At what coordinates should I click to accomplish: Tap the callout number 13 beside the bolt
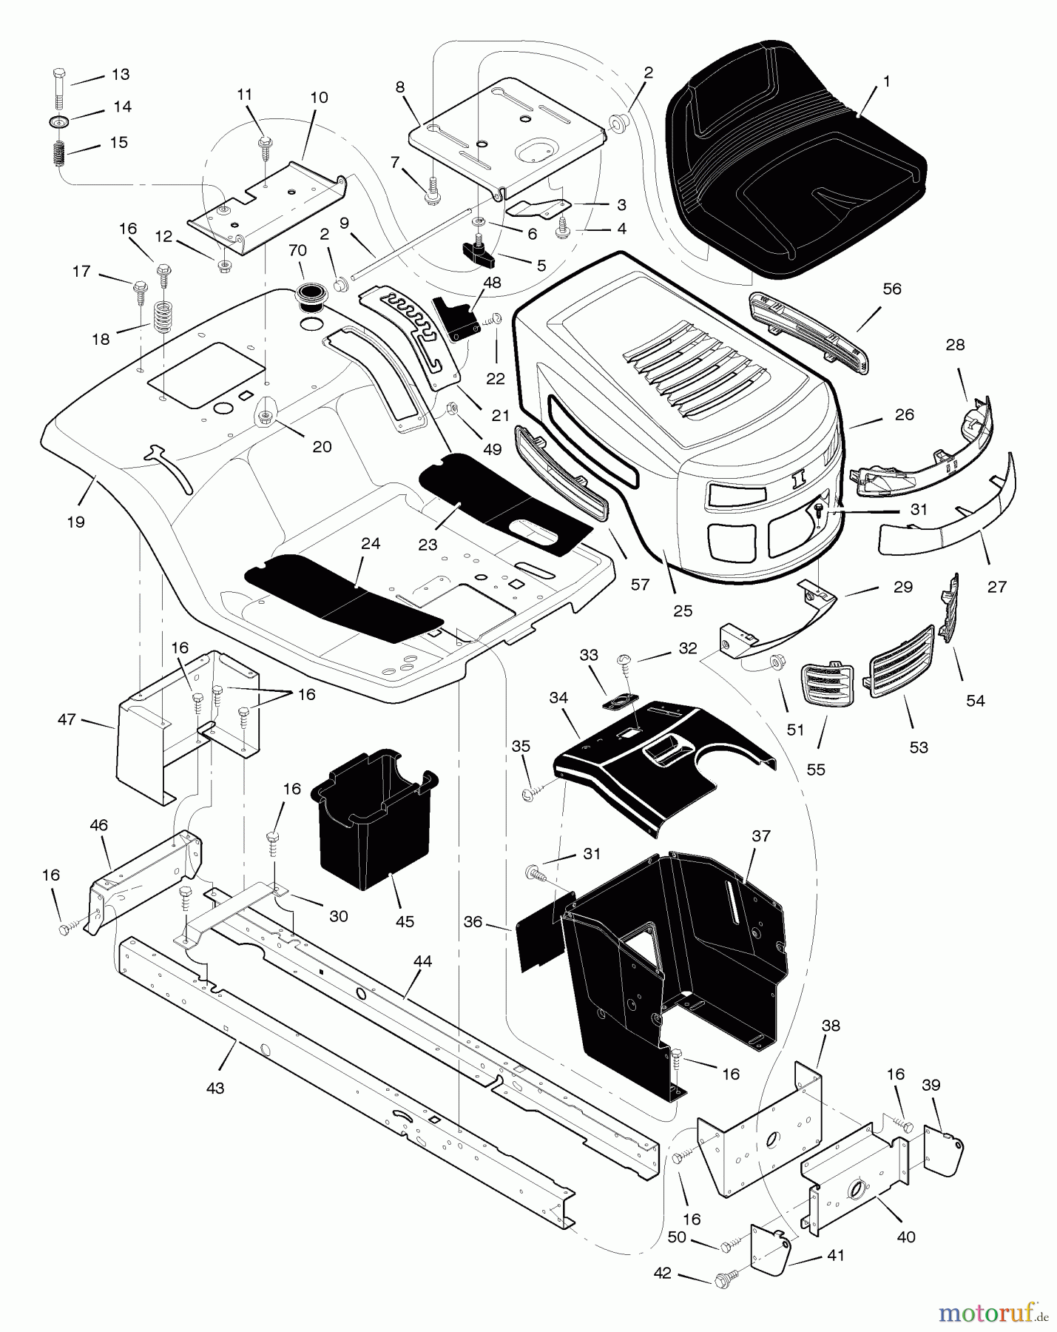point(120,74)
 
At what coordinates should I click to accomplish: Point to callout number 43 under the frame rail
point(215,1089)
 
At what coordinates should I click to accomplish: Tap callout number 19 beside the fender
point(75,522)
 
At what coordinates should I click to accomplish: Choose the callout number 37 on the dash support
point(761,835)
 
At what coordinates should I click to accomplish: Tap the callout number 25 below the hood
point(683,610)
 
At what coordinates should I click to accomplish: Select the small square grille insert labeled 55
point(828,687)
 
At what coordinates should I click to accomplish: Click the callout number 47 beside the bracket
point(67,719)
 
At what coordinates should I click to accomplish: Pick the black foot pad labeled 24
point(344,596)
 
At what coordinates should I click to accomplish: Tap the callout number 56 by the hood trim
point(892,288)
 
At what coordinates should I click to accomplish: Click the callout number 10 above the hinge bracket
point(319,97)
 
